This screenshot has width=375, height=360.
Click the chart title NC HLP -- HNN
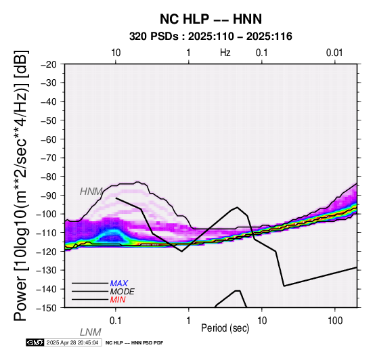click(x=211, y=19)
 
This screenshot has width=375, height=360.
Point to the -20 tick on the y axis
click(x=49, y=64)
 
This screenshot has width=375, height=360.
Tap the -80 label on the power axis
click(x=49, y=177)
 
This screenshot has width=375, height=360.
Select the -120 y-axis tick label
click(x=47, y=252)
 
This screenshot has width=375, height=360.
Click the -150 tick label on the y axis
click(x=47, y=308)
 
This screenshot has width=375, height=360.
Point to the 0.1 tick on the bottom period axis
click(x=115, y=321)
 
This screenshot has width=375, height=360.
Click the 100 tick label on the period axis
click(x=335, y=321)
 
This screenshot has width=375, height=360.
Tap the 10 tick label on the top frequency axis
click(x=116, y=52)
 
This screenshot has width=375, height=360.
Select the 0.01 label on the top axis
click(x=334, y=52)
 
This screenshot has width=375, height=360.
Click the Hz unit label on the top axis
click(x=225, y=52)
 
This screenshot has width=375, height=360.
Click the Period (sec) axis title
click(x=225, y=328)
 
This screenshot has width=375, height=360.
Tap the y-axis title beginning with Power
click(x=21, y=185)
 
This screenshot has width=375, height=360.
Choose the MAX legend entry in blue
click(x=119, y=284)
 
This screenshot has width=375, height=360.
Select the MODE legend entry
click(x=123, y=292)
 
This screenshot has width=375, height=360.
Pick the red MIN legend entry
click(x=118, y=300)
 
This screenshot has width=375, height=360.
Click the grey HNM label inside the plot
click(x=91, y=192)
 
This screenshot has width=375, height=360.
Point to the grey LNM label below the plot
click(x=91, y=332)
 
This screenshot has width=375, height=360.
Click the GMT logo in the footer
click(x=35, y=343)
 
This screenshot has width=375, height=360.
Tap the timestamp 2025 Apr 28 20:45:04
click(x=72, y=343)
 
